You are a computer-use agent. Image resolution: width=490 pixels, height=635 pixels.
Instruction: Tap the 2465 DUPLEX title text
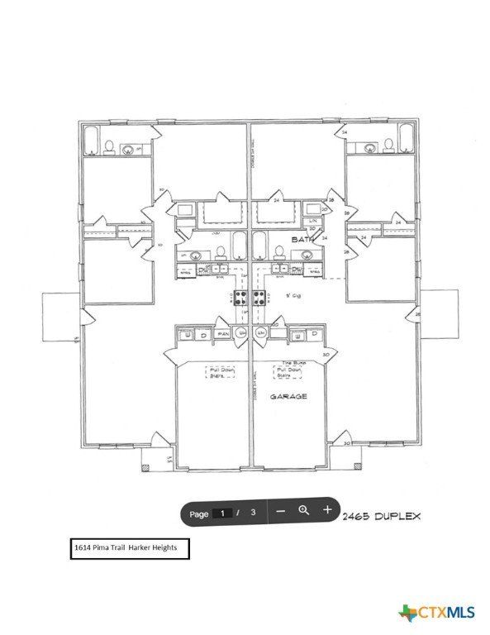coord(383,515)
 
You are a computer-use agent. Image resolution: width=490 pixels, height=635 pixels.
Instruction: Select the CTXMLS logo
coord(437,613)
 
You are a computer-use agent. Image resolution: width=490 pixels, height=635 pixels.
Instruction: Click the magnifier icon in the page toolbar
coord(303,511)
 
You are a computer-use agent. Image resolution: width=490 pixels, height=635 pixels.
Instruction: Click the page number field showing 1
coord(221,513)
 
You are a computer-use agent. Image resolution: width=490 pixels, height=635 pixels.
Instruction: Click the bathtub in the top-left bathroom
coord(91,141)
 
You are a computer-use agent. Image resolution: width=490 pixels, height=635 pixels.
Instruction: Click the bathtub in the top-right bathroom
coord(406,141)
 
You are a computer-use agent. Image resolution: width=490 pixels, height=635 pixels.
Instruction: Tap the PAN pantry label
coord(223,334)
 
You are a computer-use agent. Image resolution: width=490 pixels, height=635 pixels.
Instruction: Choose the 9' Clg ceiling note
coord(293,294)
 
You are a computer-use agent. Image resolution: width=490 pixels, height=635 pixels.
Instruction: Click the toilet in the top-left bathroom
coord(109,148)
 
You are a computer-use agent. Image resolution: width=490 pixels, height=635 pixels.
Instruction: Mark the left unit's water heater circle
coord(240,333)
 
